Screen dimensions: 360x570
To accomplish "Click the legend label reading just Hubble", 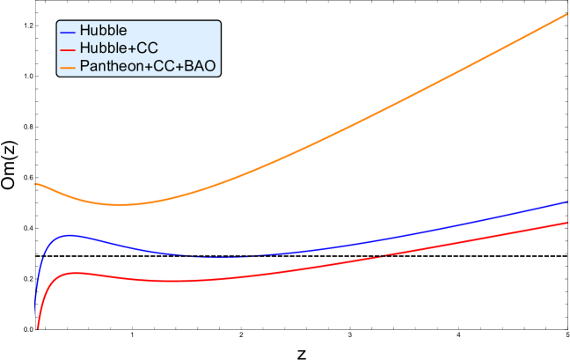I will [x=103, y=29].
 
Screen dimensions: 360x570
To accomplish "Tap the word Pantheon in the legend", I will [x=108, y=64].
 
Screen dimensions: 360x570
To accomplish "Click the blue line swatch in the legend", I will [x=68, y=30].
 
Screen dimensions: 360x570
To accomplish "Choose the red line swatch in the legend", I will [x=68, y=48].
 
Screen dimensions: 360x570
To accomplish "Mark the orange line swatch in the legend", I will [x=68, y=65].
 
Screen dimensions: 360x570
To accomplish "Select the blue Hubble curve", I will [x=352, y=246].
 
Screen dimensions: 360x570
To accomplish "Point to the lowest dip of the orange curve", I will [x=123, y=204].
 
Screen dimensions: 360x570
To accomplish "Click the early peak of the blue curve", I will [x=68, y=235].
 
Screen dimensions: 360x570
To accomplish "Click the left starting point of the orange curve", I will [x=36, y=184].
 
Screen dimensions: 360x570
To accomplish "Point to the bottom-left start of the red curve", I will [x=38, y=328].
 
